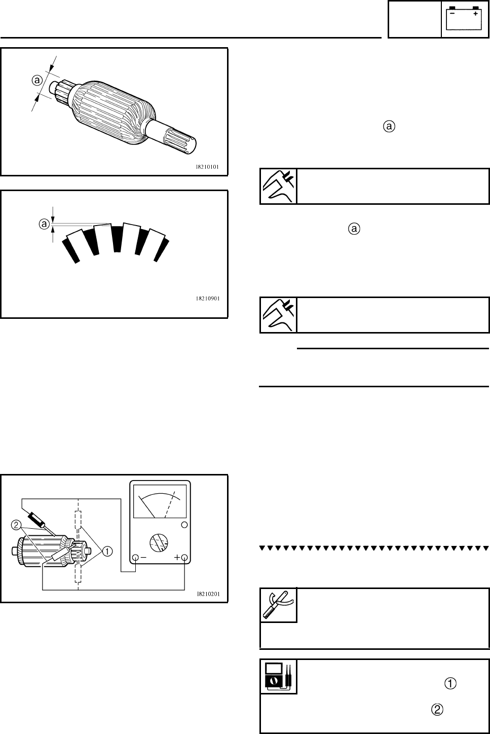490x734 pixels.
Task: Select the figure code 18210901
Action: pyautogui.click(x=207, y=299)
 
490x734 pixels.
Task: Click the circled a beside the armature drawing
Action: pyautogui.click(x=36, y=80)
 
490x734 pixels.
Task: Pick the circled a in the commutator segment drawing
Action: pyautogui.click(x=45, y=224)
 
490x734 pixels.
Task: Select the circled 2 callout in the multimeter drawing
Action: pyautogui.click(x=16, y=524)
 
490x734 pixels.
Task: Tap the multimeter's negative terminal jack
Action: pyautogui.click(x=135, y=558)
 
